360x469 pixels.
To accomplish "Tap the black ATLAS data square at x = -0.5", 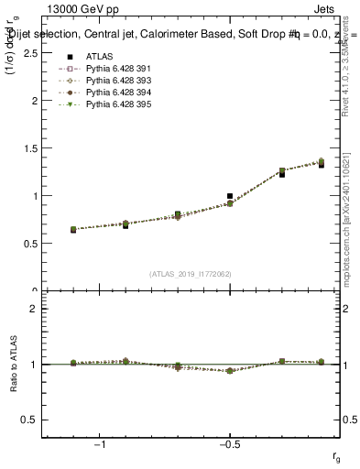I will [230, 196].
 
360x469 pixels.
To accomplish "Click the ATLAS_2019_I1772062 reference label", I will [190, 274].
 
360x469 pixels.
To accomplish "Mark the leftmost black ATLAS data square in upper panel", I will [73, 230].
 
